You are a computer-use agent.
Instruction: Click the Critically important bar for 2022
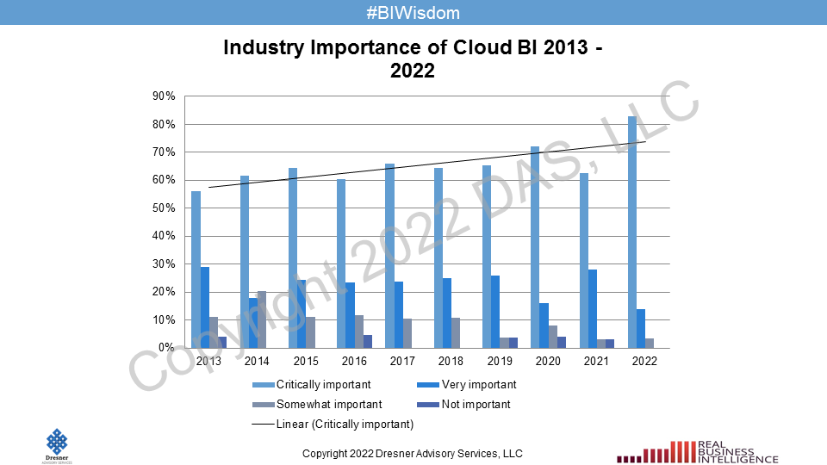(632, 232)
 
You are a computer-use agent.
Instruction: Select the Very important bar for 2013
(205, 307)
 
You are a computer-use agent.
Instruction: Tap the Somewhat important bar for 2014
(262, 319)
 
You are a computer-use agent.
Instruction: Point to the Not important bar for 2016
(368, 341)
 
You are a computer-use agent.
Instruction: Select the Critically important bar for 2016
(341, 263)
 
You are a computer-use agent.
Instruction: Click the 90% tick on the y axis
(165, 96)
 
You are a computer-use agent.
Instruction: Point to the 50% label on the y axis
(165, 208)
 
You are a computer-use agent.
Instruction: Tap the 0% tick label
(167, 348)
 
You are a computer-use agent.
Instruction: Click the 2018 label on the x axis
(451, 362)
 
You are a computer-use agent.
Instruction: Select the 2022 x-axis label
(644, 362)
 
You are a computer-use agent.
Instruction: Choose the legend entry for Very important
(478, 385)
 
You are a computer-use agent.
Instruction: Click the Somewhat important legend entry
(328, 405)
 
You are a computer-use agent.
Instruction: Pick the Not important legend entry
(475, 405)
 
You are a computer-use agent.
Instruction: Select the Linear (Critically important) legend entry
(345, 425)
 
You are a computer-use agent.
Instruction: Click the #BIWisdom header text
(413, 13)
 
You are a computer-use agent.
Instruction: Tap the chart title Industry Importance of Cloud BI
(413, 59)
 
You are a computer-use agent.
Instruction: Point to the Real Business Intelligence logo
(699, 450)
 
